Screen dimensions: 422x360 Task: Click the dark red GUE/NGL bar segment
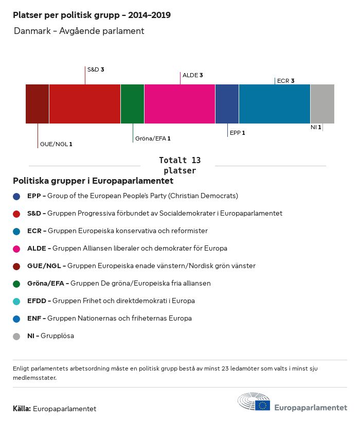click(x=37, y=104)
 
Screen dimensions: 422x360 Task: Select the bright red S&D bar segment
click(x=85, y=104)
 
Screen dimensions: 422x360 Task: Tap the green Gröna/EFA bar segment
click(x=132, y=104)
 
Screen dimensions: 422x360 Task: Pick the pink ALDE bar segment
click(x=179, y=104)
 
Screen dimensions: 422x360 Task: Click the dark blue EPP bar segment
click(x=227, y=104)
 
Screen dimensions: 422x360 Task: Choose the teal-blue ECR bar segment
click(x=275, y=104)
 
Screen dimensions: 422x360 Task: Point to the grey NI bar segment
click(x=322, y=104)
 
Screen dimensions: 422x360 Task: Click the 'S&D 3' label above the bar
click(x=96, y=69)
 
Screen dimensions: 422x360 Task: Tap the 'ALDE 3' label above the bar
click(x=193, y=75)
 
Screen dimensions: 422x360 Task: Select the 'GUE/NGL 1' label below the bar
click(x=56, y=144)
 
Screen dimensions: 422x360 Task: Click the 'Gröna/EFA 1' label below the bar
click(x=153, y=138)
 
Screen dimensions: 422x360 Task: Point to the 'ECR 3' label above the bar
click(x=285, y=81)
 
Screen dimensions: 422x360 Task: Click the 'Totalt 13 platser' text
click(x=179, y=165)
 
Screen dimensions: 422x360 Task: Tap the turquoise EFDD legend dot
click(x=16, y=301)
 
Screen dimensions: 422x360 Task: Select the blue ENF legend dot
click(x=16, y=319)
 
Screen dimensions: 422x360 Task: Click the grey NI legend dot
click(x=16, y=336)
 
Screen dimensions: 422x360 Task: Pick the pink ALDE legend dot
click(x=16, y=249)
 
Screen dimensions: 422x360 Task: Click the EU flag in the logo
click(x=263, y=406)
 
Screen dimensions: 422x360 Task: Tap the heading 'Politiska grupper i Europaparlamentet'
click(x=93, y=181)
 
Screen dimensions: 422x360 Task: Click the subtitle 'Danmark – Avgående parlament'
click(x=79, y=31)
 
